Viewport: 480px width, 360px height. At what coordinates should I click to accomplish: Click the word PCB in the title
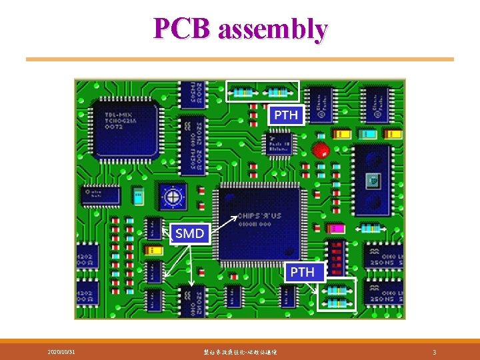coord(182,29)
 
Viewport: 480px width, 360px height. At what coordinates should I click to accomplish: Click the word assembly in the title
coord(273,29)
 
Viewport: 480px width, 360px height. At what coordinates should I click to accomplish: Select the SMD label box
coord(189,233)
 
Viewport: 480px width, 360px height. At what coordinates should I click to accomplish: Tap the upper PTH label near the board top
coord(286,115)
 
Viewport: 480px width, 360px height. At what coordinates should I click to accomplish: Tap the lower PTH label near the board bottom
coord(302,272)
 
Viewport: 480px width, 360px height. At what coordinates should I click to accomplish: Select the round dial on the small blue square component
coord(173,196)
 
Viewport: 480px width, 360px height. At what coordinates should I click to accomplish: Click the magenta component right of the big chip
coord(336,229)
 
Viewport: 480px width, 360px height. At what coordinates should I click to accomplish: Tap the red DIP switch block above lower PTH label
coord(336,258)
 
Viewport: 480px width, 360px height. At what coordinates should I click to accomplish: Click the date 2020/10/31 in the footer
coord(61,351)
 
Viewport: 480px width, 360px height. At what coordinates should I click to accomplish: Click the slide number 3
coord(434,351)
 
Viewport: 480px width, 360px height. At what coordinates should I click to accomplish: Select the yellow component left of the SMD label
coord(153,251)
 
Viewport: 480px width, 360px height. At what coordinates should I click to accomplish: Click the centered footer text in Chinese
coord(239,351)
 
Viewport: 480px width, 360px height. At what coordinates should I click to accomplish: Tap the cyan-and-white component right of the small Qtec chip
coord(138,196)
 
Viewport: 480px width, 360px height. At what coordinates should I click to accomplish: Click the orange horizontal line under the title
coord(239,59)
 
